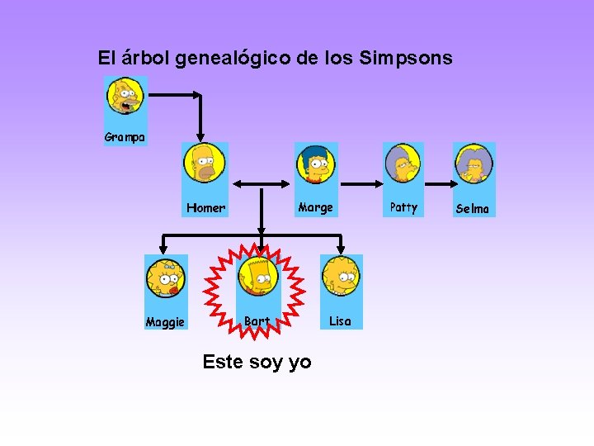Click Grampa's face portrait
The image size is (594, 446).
coord(125,97)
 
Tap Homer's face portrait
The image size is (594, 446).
coord(204,163)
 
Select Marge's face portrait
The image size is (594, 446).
coord(316,163)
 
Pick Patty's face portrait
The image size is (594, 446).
coord(403,164)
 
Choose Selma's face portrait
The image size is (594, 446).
coord(474,164)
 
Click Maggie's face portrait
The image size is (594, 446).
coord(166,278)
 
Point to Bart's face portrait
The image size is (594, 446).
coord(258,278)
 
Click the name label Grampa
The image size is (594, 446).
coord(125,137)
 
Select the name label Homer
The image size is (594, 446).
coord(205,208)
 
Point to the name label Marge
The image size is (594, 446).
coord(316,207)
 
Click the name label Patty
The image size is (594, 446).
coord(403,207)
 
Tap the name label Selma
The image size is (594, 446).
coord(473,209)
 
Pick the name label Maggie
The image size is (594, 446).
coord(165,322)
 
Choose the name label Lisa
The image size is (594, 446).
coord(340,321)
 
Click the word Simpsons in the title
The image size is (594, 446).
coord(406,58)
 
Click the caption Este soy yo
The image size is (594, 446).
coord(257,362)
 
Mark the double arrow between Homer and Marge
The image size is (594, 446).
coord(262,184)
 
